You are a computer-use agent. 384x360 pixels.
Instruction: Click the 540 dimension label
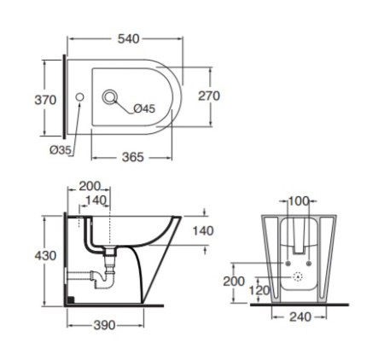point(129,39)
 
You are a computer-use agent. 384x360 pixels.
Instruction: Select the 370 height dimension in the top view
point(45,100)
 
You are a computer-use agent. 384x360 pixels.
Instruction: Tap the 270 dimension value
point(209,96)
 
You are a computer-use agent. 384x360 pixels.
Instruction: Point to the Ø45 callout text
point(144,108)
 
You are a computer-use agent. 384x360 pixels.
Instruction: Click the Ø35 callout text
point(61,150)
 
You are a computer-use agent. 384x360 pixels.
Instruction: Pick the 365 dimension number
point(133,157)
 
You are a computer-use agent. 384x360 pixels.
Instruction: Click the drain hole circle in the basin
point(109,97)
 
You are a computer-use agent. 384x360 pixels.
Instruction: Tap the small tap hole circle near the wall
point(79,97)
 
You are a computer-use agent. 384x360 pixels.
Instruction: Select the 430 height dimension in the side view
point(45,256)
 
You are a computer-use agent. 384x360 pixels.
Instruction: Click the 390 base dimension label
point(104,325)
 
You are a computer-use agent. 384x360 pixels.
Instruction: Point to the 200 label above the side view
point(90,186)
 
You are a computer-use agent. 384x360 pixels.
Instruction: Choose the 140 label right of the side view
point(203,231)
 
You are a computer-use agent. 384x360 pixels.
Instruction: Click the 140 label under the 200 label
point(96,200)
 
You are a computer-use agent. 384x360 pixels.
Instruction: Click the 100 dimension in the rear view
point(299,201)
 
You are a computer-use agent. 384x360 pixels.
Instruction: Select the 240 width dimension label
point(300,316)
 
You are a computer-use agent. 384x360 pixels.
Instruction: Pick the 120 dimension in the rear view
point(259,290)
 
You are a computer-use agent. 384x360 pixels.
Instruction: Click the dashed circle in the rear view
point(298,276)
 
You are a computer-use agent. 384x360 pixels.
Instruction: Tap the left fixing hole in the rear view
point(288,264)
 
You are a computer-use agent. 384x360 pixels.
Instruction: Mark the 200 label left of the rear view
point(234,282)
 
